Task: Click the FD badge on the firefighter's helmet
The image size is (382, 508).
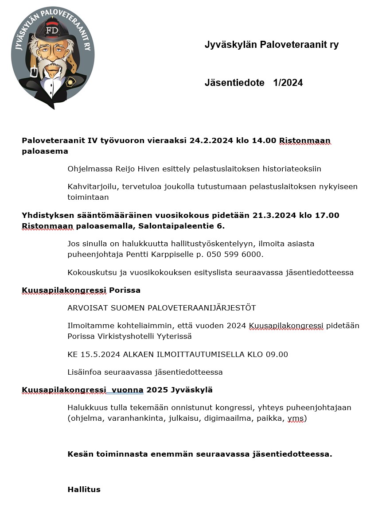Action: (x=53, y=30)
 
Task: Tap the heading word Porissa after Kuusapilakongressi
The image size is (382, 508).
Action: (x=125, y=291)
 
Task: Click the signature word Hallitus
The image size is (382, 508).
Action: (x=84, y=489)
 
